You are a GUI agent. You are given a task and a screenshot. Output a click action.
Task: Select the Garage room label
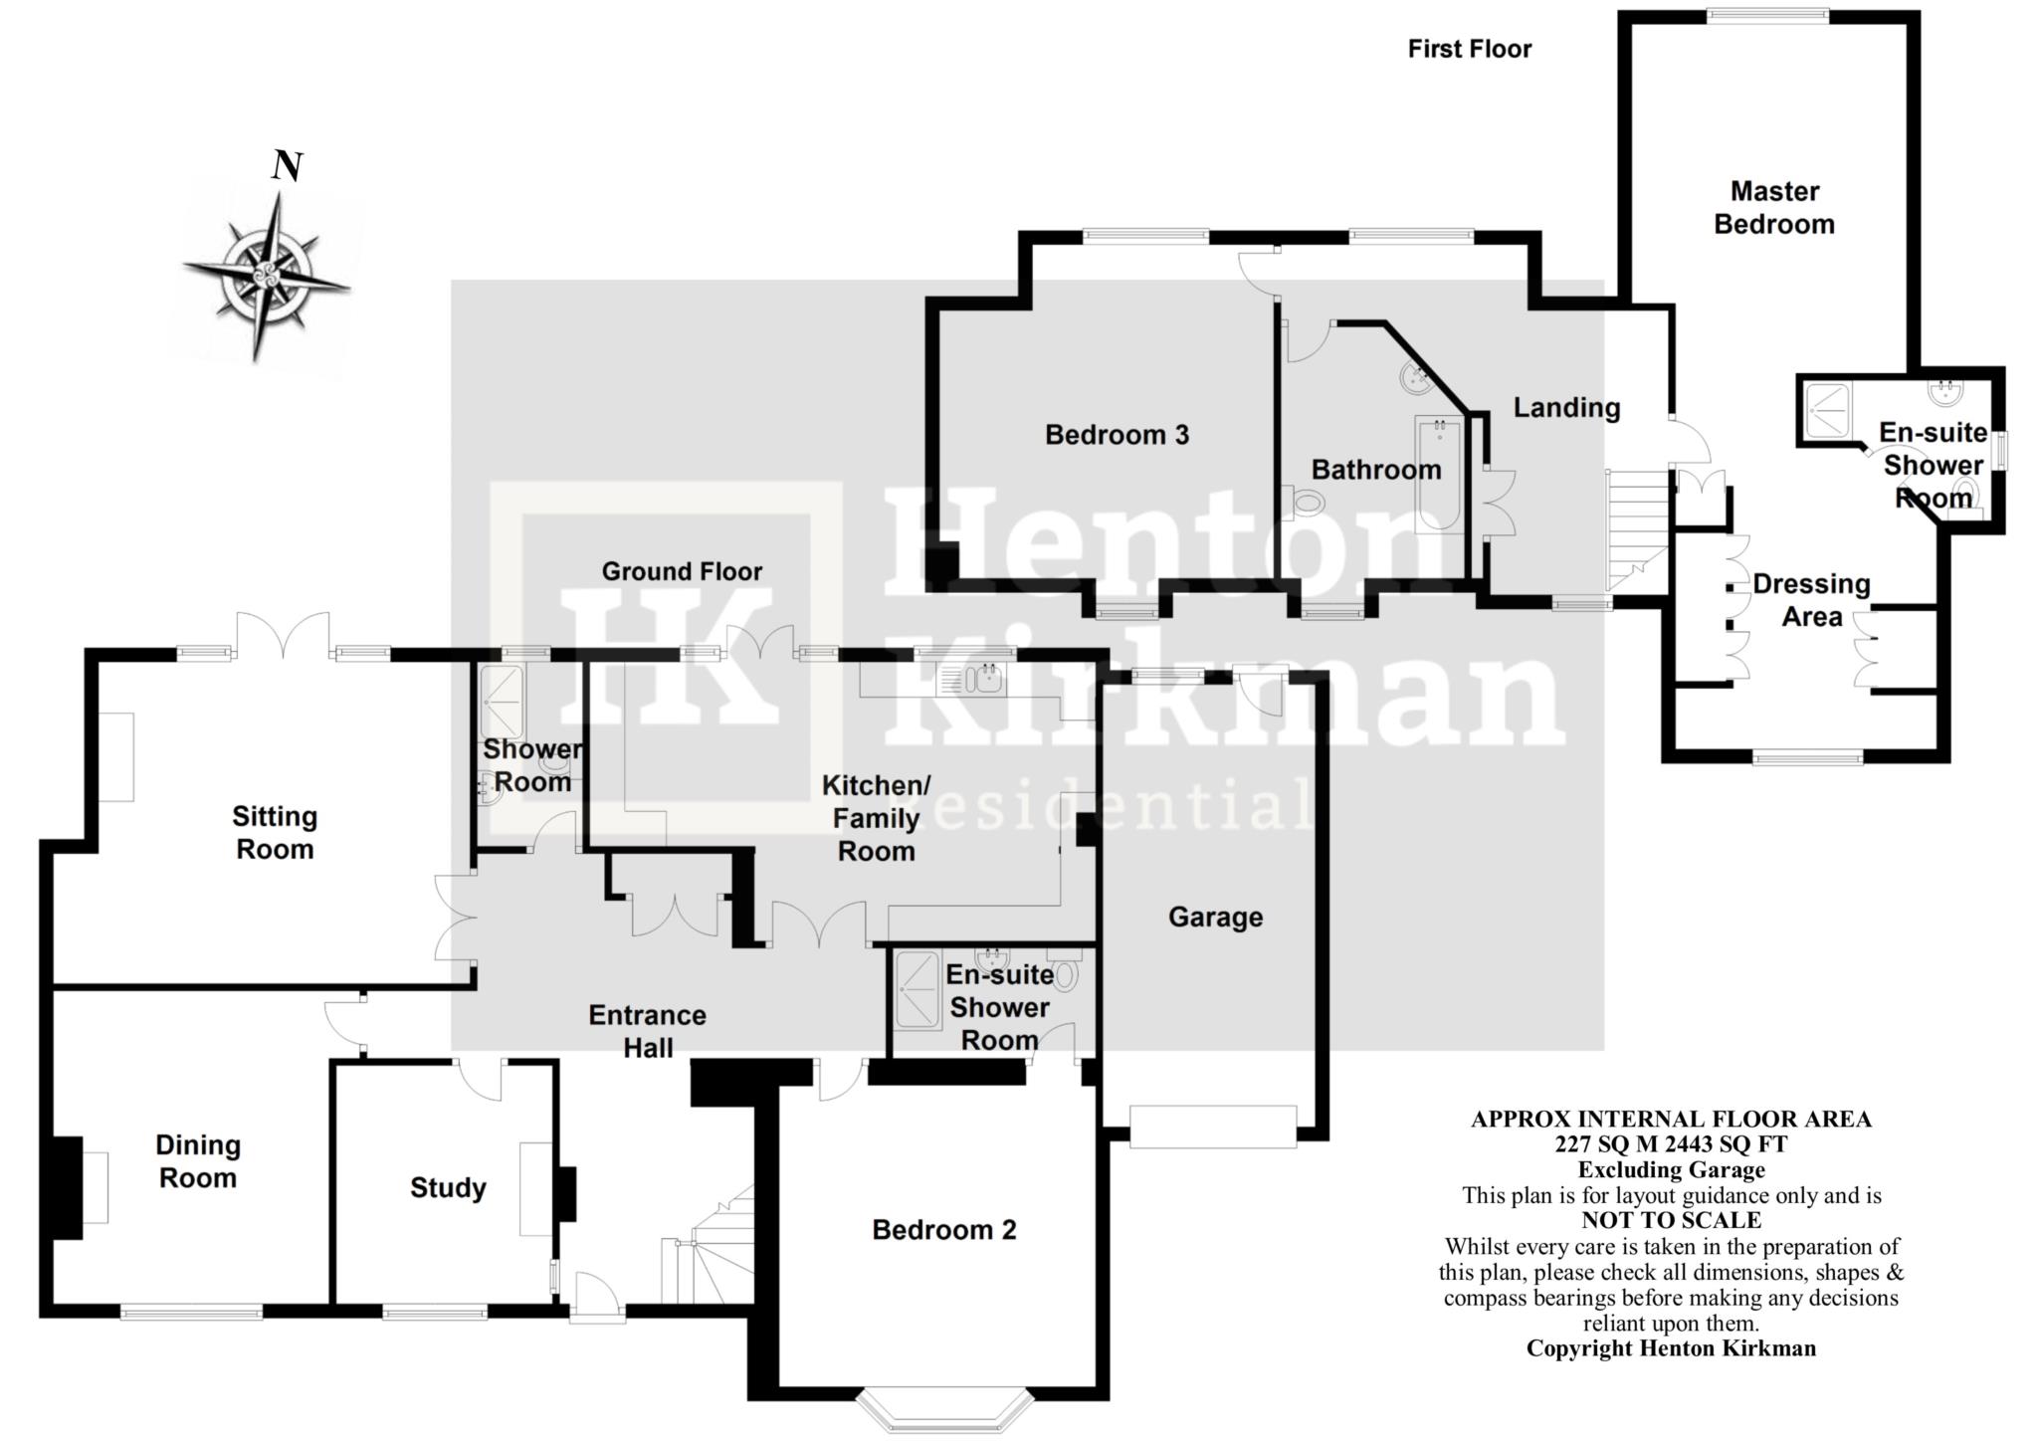point(1215,917)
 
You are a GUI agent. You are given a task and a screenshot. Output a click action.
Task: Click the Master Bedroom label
point(1774,207)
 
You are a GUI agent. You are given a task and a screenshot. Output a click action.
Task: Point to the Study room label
point(448,1187)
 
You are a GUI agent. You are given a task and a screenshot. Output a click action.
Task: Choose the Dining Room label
point(198,1161)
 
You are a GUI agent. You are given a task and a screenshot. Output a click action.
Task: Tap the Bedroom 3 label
point(1117,435)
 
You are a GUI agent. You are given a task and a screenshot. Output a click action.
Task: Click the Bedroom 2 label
point(944,1230)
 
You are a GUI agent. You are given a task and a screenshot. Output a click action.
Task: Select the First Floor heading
point(1470,49)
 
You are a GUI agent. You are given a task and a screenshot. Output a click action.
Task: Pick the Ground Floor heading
point(682,571)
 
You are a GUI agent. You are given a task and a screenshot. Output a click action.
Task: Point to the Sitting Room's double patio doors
point(284,636)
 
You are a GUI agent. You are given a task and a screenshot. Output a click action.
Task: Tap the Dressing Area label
point(1811,600)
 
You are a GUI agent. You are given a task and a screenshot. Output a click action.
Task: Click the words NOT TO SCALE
point(1671,1220)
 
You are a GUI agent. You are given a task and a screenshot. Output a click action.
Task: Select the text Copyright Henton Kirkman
point(1671,1348)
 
